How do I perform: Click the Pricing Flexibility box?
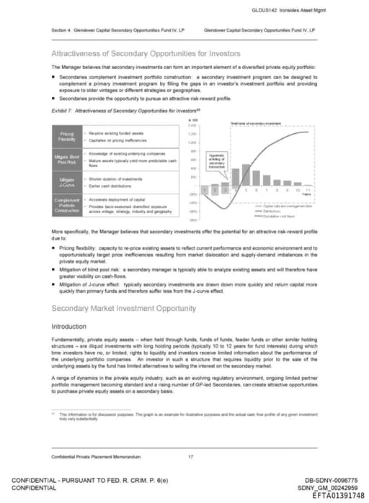coord(66,137)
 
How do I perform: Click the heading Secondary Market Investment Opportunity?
coord(124,309)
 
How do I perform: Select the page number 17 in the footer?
coord(190,456)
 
